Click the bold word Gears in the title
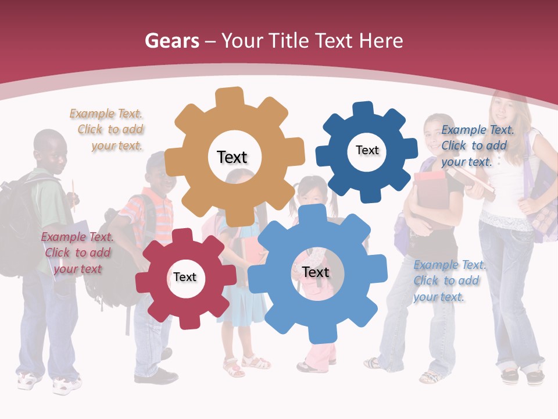(x=171, y=41)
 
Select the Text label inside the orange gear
(x=232, y=157)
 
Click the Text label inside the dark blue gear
(x=367, y=150)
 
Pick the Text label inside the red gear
(x=185, y=277)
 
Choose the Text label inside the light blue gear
(x=316, y=272)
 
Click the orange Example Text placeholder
(x=106, y=130)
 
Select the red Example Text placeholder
(x=77, y=253)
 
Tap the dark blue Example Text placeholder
(x=477, y=146)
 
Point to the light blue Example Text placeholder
(x=449, y=281)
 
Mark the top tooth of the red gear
(x=183, y=236)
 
